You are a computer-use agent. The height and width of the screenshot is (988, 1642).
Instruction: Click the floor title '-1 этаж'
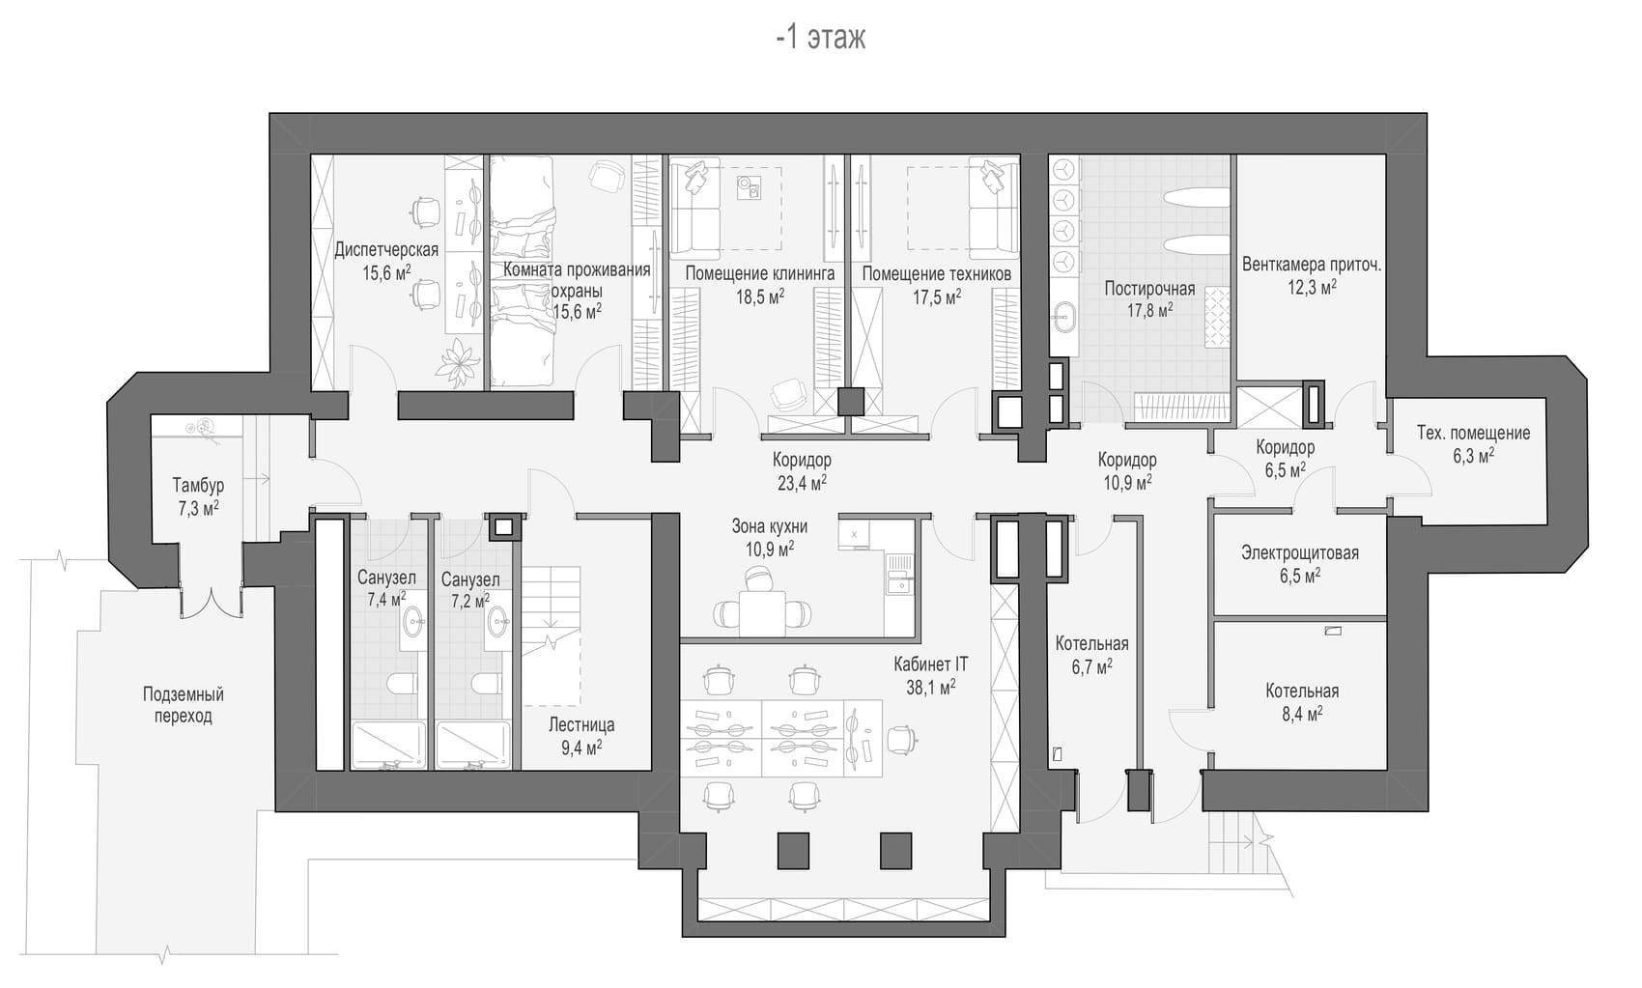(821, 37)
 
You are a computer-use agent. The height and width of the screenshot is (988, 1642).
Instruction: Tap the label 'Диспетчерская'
(386, 250)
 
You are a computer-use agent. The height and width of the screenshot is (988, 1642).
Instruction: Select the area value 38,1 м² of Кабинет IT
(931, 688)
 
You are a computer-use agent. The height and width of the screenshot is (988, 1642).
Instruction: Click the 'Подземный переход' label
(184, 704)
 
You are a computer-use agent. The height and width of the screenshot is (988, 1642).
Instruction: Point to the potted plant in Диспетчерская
(458, 363)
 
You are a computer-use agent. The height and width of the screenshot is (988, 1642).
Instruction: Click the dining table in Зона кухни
(762, 612)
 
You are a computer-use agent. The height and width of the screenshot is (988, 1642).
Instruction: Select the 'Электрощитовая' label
(1300, 552)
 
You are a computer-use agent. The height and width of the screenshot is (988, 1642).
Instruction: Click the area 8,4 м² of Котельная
(1302, 714)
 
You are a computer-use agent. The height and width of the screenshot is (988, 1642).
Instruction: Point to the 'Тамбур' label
(198, 485)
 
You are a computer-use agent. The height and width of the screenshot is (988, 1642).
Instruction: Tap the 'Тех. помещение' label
(1473, 434)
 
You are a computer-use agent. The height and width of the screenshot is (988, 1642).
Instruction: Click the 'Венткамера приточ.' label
(1312, 265)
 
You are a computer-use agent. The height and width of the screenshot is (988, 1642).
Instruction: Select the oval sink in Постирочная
(1063, 320)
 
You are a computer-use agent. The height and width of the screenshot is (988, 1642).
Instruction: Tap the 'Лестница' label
(581, 725)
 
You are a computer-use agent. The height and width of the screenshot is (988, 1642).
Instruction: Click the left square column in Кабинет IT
(793, 850)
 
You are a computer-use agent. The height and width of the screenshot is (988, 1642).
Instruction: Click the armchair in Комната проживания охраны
(608, 176)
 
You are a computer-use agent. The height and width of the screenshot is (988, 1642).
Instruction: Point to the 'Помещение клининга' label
(760, 274)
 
